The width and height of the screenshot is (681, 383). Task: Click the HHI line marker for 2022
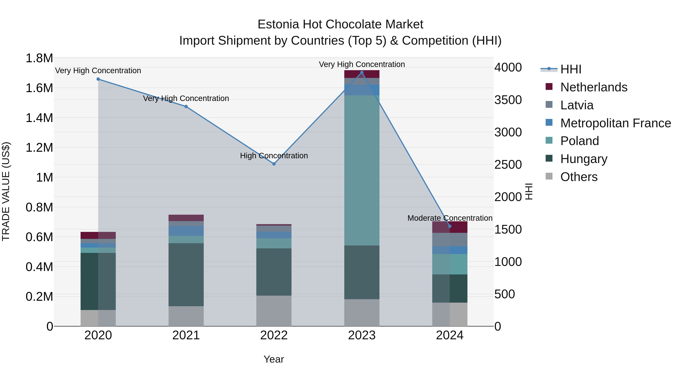[x=274, y=164]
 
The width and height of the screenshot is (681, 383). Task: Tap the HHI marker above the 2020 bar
[x=98, y=79]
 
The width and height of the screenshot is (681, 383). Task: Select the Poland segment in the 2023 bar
[x=362, y=170]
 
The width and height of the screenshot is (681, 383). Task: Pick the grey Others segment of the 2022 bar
[x=274, y=311]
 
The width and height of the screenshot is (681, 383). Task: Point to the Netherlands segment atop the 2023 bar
[x=362, y=74]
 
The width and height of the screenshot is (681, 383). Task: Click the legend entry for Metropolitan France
[x=615, y=123]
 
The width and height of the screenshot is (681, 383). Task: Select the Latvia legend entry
[x=577, y=105]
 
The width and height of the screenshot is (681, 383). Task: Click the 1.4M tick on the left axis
[x=39, y=118]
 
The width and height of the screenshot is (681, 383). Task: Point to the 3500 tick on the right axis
[x=508, y=100]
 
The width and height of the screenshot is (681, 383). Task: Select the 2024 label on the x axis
[x=449, y=335]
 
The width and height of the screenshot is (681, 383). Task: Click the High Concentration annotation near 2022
[x=274, y=156]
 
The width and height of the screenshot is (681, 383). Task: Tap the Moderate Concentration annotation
[x=450, y=218]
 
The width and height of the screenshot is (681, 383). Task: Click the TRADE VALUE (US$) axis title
[x=6, y=191]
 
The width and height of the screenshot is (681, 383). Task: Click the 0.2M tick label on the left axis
[x=39, y=297]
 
